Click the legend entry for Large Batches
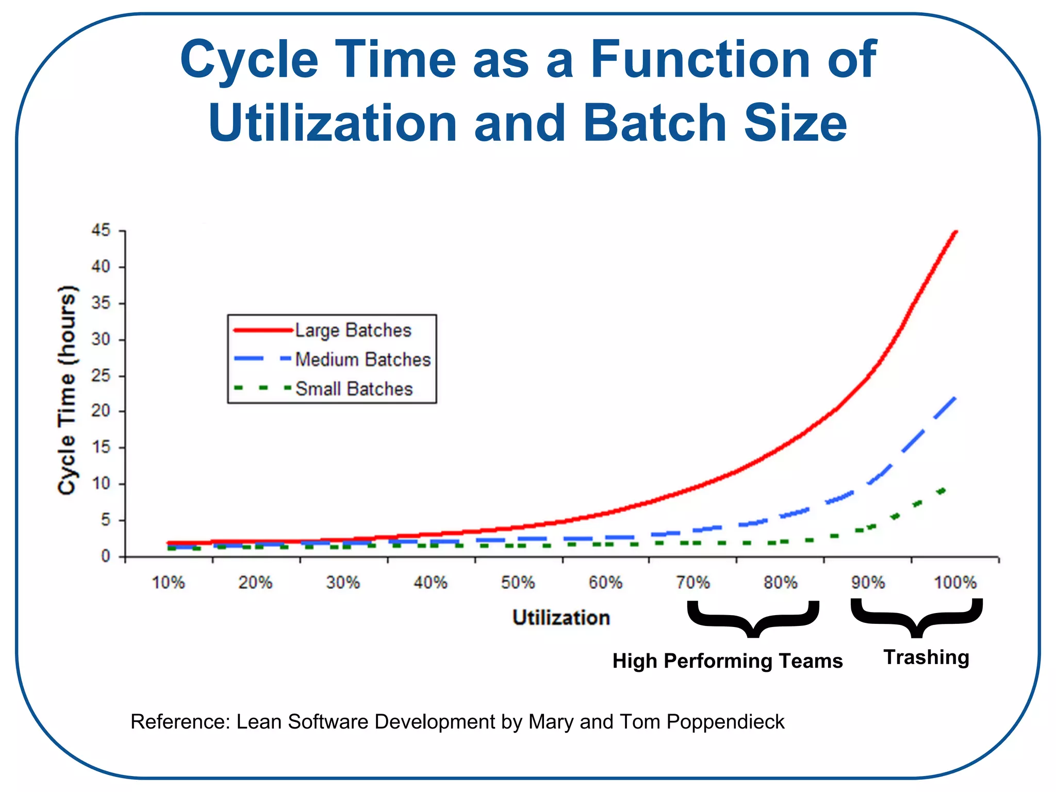click(353, 330)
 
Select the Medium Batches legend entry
click(362, 359)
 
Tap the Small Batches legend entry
click(354, 389)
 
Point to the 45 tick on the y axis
click(101, 230)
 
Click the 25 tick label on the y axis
click(101, 375)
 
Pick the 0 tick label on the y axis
click(106, 556)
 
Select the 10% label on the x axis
click(168, 583)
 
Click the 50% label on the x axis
click(518, 583)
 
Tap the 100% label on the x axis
click(955, 583)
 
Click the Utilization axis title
click(561, 618)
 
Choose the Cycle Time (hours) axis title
click(68, 390)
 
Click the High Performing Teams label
click(727, 661)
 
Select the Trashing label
click(926, 657)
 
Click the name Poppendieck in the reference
click(725, 722)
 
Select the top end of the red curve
click(955, 232)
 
